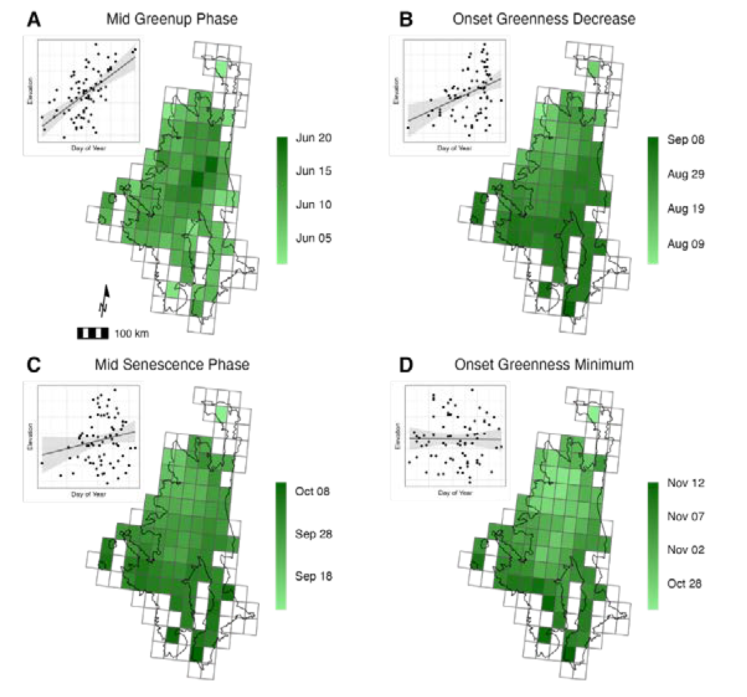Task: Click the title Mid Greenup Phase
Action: pos(172,19)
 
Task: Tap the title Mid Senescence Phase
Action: pos(172,364)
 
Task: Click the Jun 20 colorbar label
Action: pos(313,138)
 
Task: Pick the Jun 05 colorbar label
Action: pos(313,238)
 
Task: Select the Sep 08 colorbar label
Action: pos(686,140)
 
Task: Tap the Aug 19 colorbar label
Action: pos(686,209)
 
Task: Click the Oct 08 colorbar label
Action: pos(312,491)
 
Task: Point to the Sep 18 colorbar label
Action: pos(313,576)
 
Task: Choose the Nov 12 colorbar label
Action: pos(686,483)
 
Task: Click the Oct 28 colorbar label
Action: pos(684,584)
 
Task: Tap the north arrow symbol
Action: pos(104,301)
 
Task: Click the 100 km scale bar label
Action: pos(131,333)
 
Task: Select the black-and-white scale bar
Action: pos(93,333)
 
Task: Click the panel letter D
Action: pos(406,365)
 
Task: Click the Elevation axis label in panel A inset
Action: pos(30,91)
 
